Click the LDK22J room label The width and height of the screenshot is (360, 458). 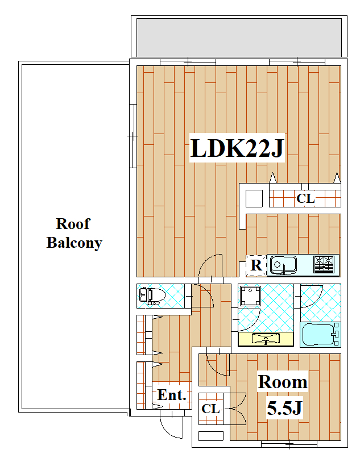coord(237,148)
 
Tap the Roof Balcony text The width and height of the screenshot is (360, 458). coord(74,234)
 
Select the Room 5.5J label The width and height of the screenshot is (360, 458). coord(283,394)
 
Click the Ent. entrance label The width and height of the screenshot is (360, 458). coord(172,395)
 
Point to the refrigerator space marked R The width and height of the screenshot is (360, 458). coord(256,265)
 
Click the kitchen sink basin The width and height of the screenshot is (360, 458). coord(283,265)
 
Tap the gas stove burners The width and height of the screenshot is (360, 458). coord(324,264)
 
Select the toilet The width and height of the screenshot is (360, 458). coord(151,296)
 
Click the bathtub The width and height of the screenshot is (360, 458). coord(320,335)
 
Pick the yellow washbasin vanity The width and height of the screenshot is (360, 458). coord(266,339)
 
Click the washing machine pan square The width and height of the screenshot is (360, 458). coord(250,295)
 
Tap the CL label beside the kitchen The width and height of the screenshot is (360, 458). coord(305,199)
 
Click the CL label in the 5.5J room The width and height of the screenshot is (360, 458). coord(210,409)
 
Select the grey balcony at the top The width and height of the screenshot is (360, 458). coord(239,38)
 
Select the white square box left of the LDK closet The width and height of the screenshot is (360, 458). coord(254,199)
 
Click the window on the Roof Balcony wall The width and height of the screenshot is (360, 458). coord(133,136)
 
